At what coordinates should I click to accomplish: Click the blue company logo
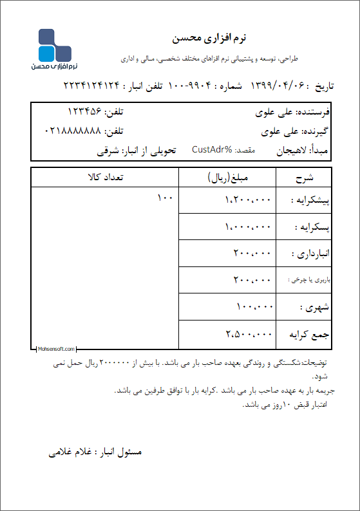pyautogui.click(x=54, y=48)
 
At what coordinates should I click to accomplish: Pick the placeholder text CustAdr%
pyautogui.click(x=212, y=150)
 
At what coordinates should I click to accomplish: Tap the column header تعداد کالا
pyautogui.click(x=104, y=177)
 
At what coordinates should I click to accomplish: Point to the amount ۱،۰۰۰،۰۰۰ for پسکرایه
pyautogui.click(x=249, y=227)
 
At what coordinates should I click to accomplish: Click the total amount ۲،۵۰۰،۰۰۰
pyautogui.click(x=249, y=334)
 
